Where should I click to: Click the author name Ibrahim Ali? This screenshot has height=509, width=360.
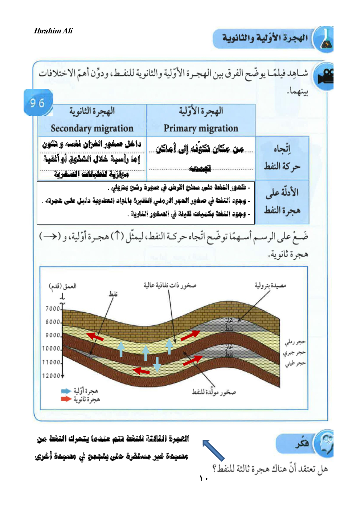coord(53,31)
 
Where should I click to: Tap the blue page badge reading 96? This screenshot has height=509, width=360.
coord(38,103)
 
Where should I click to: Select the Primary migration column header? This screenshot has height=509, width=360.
coord(201,120)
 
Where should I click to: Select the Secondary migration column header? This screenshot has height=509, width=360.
coord(92,120)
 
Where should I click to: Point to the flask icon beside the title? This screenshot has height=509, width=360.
coord(326,40)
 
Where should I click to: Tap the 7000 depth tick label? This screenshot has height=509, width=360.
coord(53,309)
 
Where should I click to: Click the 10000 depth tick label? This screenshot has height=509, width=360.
coord(51,349)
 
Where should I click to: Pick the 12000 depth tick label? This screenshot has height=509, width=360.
coord(51,375)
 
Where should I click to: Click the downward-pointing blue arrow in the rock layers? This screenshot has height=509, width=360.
coord(157,364)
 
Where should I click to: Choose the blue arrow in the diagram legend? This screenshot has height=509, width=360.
coord(66,391)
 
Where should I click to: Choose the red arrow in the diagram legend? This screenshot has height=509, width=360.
coord(66,399)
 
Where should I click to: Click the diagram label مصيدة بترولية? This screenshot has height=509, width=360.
coord(270,286)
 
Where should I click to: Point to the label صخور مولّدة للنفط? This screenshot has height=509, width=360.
coord(214,392)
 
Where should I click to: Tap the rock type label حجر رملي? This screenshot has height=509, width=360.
coord(295,342)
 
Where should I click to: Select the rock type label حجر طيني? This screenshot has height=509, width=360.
coord(295,363)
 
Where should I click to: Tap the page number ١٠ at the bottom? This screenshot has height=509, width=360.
coord(203,479)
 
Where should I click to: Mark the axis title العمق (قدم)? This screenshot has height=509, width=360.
coord(63,286)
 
